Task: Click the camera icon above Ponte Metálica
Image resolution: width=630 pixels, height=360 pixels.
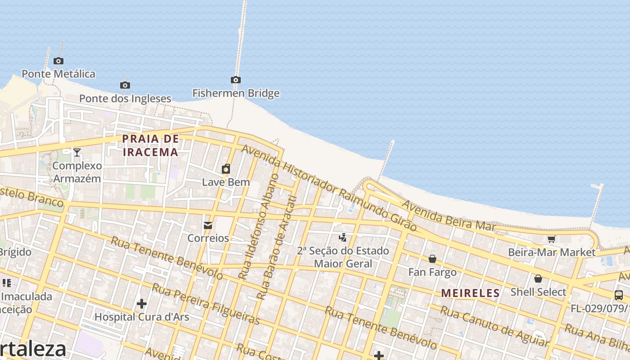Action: [58, 61]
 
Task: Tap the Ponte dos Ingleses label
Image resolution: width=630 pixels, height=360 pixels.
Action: [125, 98]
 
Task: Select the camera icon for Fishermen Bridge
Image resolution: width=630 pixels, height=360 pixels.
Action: [235, 80]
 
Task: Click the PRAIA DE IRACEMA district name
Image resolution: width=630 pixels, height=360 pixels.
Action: [151, 145]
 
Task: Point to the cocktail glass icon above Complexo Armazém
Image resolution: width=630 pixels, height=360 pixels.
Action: [77, 153]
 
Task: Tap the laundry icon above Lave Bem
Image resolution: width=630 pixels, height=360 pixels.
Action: [226, 169]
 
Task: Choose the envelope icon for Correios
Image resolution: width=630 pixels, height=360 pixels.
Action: [208, 225]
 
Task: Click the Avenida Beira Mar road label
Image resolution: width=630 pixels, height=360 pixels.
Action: [449, 216]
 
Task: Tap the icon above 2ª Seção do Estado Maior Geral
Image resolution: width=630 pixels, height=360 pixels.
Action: [343, 237]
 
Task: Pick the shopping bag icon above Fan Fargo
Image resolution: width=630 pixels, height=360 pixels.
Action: [432, 259]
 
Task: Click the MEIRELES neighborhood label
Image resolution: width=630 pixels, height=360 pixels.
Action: [470, 293]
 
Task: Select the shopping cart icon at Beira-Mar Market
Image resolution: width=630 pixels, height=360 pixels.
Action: [551, 239]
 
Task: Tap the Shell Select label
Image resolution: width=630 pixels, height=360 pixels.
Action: [538, 292]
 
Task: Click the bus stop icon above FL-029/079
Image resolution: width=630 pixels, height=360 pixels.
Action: [619, 295]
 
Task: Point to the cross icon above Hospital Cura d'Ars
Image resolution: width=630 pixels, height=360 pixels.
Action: [142, 304]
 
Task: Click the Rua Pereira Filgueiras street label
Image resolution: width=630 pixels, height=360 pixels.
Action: [206, 304]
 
